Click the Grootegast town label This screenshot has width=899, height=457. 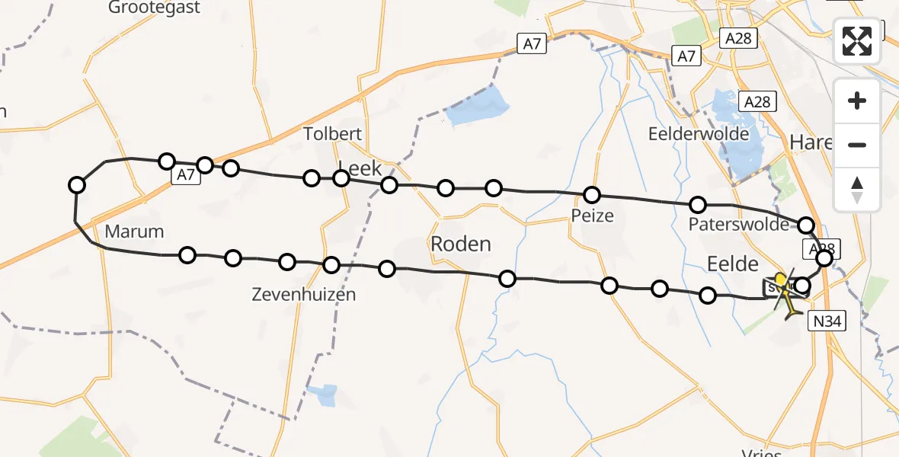pyautogui.click(x=155, y=8)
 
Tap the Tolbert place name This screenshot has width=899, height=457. pyautogui.click(x=333, y=134)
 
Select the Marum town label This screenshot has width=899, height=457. pyautogui.click(x=135, y=232)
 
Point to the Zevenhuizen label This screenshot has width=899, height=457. pyautogui.click(x=305, y=294)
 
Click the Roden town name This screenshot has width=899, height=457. pyautogui.click(x=461, y=244)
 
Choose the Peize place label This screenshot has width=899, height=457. pyautogui.click(x=593, y=216)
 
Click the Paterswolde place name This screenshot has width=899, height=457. pyautogui.click(x=738, y=225)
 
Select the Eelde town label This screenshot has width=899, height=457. pyautogui.click(x=733, y=264)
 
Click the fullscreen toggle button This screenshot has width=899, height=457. pyautogui.click(x=857, y=41)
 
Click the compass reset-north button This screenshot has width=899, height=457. pyautogui.click(x=857, y=190)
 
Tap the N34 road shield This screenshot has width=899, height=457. pyautogui.click(x=827, y=322)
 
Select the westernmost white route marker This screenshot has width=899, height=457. pyautogui.click(x=77, y=184)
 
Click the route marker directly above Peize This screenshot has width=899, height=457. pyautogui.click(x=592, y=195)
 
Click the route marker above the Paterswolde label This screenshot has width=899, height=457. pyautogui.click(x=698, y=204)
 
